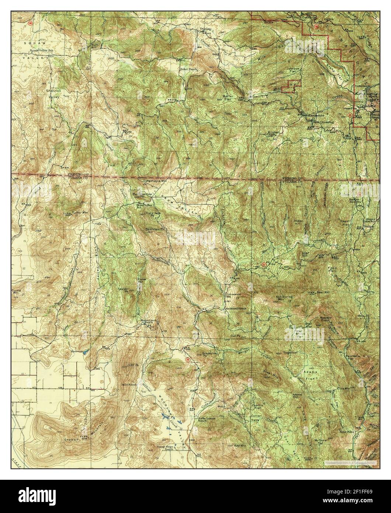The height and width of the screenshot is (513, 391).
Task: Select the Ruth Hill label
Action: click(86, 46)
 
